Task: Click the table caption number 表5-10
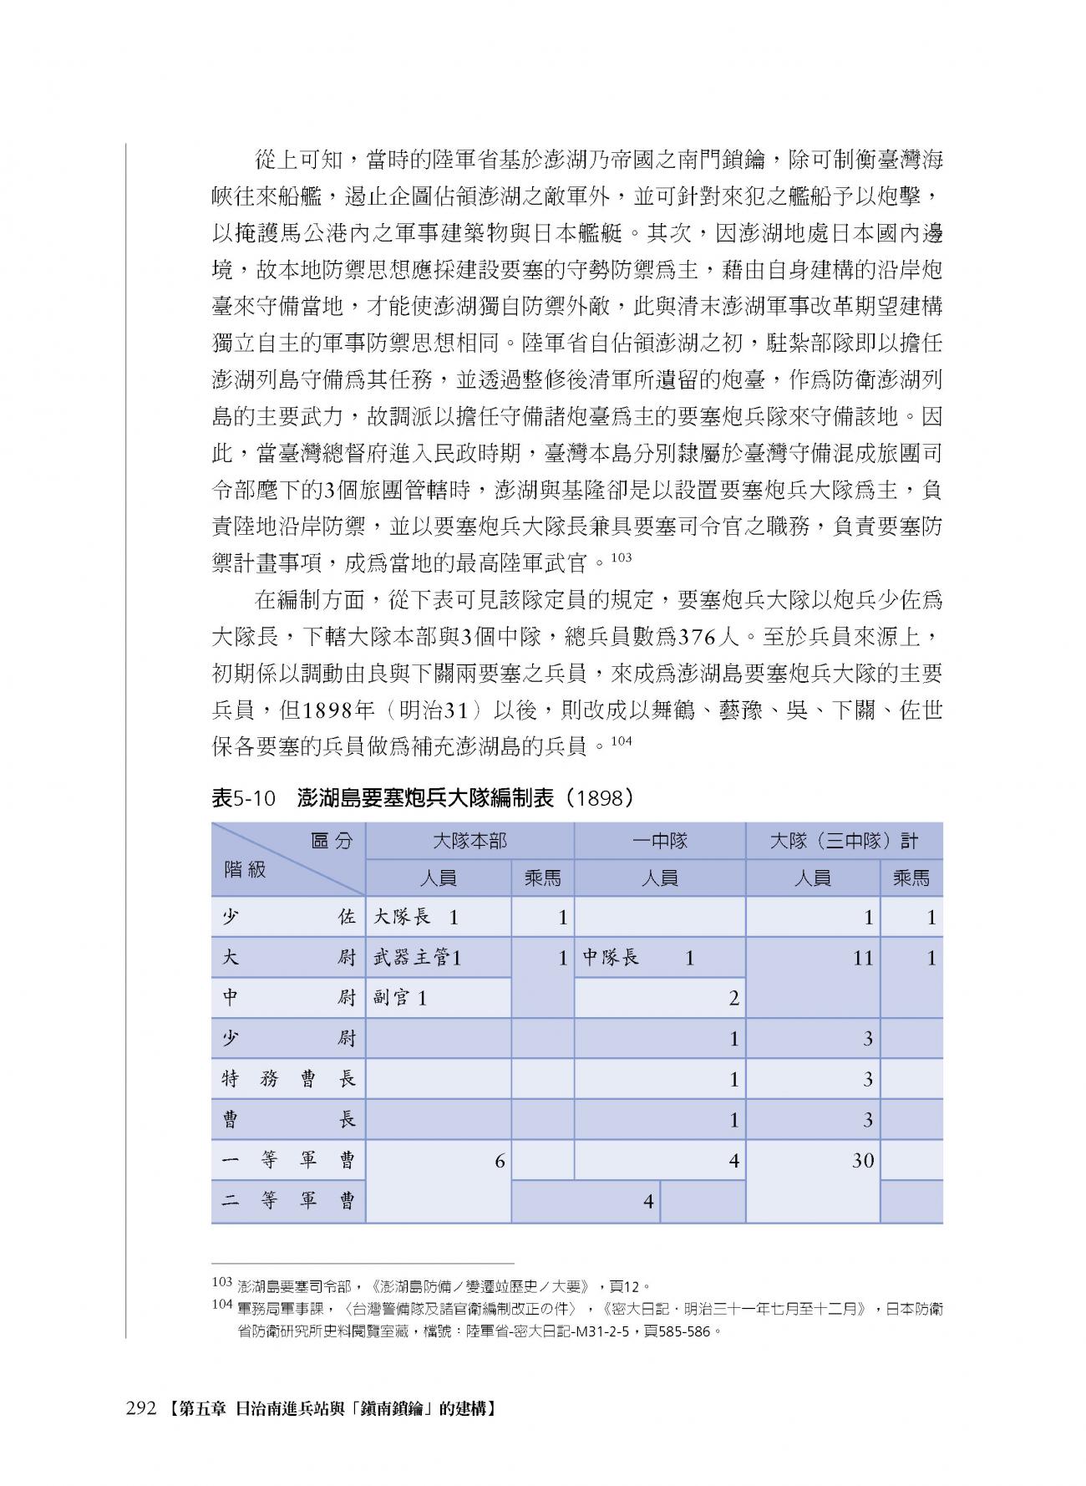pos(243,798)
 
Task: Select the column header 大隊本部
pos(469,841)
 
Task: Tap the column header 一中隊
pos(659,841)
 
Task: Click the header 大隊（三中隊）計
pos(843,841)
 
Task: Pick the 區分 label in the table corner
pos(332,841)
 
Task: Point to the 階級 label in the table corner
pos(245,869)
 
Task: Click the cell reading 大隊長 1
pos(415,917)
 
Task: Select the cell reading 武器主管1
pos(417,958)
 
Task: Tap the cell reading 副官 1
pos(399,998)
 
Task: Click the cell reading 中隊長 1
pos(638,958)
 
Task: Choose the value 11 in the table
pos(862,958)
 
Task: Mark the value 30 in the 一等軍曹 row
pos(862,1160)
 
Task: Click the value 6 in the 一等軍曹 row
pos(500,1160)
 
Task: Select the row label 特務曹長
pos(288,1079)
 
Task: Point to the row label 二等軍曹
pos(288,1201)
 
